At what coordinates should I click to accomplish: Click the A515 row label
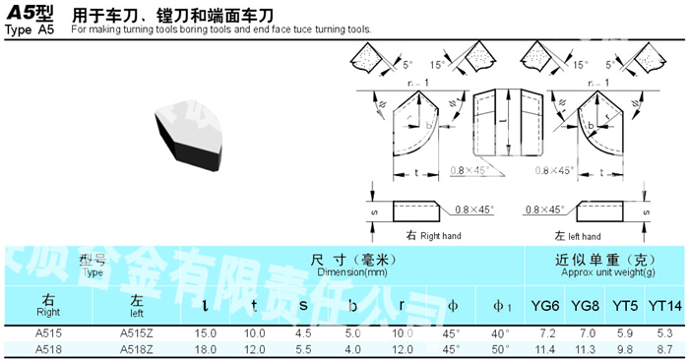pyautogui.click(x=47, y=334)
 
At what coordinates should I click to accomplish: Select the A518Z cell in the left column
pyautogui.click(x=137, y=348)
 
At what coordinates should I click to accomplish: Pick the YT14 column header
pyautogui.click(x=666, y=305)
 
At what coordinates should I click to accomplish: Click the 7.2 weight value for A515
pyautogui.click(x=548, y=334)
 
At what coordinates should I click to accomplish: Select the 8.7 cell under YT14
pyautogui.click(x=664, y=348)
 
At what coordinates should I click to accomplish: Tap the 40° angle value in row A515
pyautogui.click(x=499, y=334)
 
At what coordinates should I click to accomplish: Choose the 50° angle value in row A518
pyautogui.click(x=499, y=348)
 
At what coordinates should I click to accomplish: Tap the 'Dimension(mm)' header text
pyautogui.click(x=336, y=271)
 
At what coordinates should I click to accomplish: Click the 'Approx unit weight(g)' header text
pyautogui.click(x=601, y=271)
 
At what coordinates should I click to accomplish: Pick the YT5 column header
pyautogui.click(x=623, y=305)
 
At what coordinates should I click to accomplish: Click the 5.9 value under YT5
pyautogui.click(x=625, y=334)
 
